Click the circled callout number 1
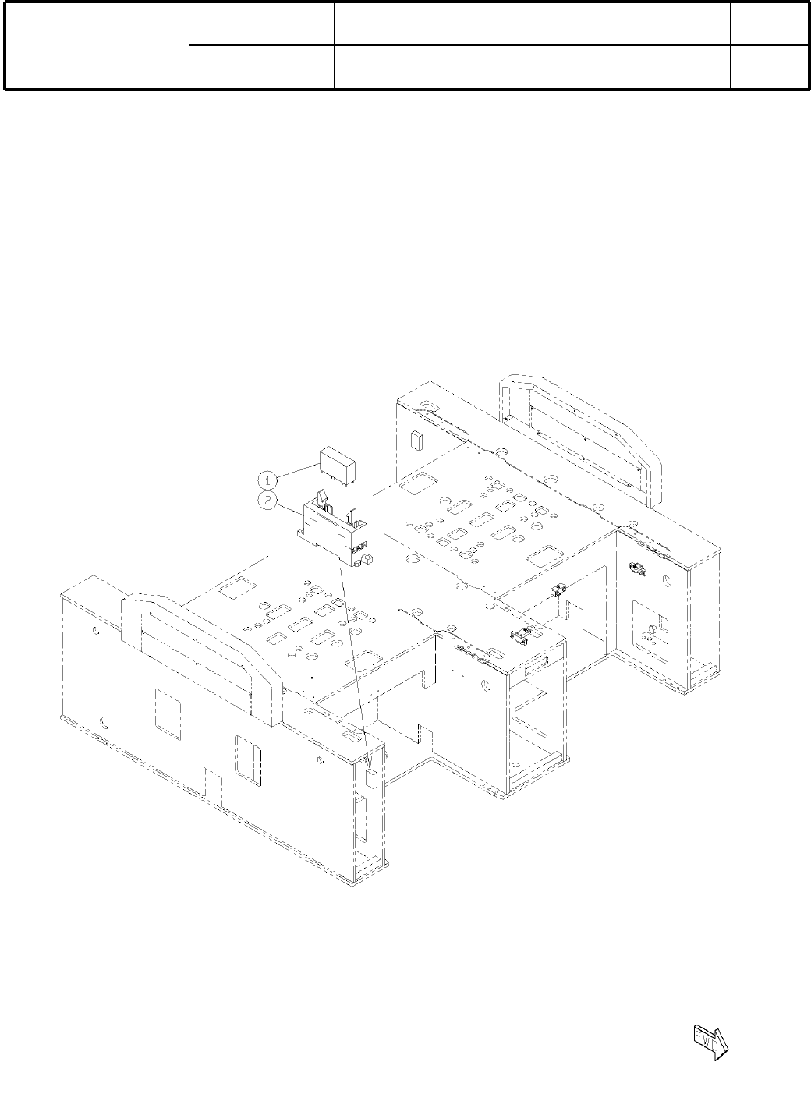click(267, 480)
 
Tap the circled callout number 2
click(267, 501)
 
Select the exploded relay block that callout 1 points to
click(338, 467)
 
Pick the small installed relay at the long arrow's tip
click(372, 779)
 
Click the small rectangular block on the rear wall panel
click(416, 441)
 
